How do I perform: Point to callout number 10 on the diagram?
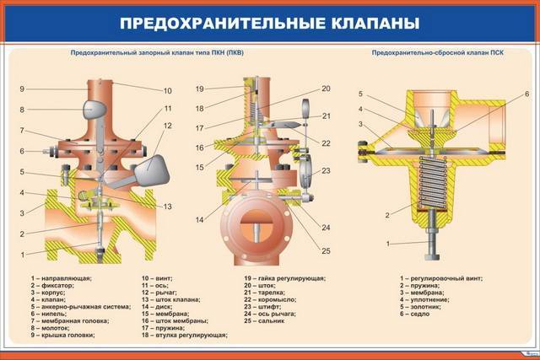pyautogui.click(x=168, y=90)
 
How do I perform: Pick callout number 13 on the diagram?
pyautogui.click(x=167, y=207)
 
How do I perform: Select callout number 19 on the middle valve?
pyautogui.click(x=200, y=89)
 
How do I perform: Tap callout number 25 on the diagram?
pyautogui.click(x=326, y=250)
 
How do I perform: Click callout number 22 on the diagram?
pyautogui.click(x=326, y=142)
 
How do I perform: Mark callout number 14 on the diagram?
pyautogui.click(x=200, y=220)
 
